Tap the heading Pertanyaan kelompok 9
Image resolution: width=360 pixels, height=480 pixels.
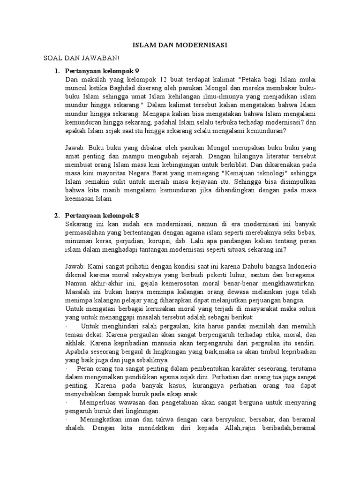pos(102,71)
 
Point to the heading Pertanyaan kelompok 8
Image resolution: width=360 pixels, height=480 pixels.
pos(102,215)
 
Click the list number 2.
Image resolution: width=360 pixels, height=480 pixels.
pos(56,215)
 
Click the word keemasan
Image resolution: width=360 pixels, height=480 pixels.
pos(81,199)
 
